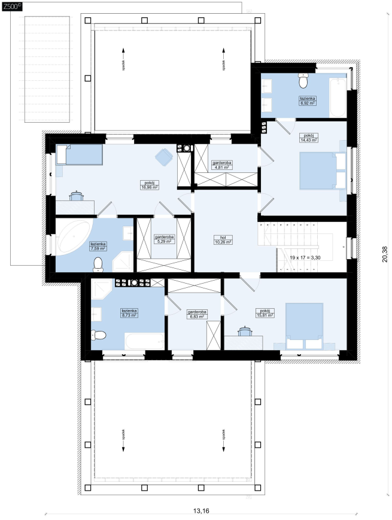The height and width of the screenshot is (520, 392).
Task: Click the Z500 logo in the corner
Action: tap(11, 5)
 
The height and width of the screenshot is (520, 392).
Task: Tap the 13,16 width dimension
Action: tap(201, 511)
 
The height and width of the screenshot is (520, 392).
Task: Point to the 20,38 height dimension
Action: tap(384, 254)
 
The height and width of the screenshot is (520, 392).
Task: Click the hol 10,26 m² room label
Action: tap(223, 239)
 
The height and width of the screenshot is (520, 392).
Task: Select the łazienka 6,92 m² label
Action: tap(308, 101)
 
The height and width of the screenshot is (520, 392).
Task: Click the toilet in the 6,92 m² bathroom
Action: tap(303, 81)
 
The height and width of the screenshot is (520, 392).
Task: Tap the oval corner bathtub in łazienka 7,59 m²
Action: tap(74, 236)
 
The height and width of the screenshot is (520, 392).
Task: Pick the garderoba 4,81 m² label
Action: tap(222, 165)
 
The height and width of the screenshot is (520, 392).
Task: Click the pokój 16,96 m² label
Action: tap(150, 185)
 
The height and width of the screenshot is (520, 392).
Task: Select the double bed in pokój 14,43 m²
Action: tap(323, 171)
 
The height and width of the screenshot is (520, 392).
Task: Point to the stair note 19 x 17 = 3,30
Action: tap(305, 258)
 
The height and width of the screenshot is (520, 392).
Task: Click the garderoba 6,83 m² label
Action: tap(197, 314)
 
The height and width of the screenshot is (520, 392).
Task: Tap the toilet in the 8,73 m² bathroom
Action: tap(99, 335)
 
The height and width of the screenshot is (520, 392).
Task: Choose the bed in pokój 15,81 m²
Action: tap(305, 326)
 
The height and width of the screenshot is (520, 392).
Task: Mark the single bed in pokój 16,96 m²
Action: tap(80, 154)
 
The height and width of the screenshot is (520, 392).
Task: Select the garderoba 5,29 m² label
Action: tap(164, 239)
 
